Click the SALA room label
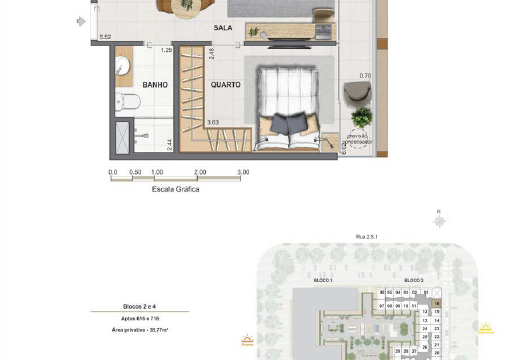click(223, 29)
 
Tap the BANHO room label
click(153, 85)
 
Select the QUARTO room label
click(226, 85)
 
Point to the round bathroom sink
click(121, 66)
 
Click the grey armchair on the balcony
click(357, 91)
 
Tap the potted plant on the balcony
click(359, 116)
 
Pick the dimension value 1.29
click(166, 49)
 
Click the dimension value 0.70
click(365, 75)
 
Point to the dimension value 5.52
click(104, 37)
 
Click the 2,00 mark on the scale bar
click(200, 173)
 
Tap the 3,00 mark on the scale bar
click(243, 173)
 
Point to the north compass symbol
click(437, 215)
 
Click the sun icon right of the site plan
click(487, 327)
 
